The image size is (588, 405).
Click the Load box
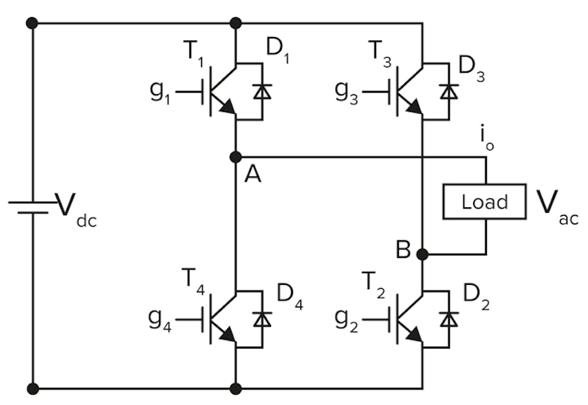[x=484, y=202]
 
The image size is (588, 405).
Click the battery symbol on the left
[x=32, y=207]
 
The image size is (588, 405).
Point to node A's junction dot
[x=235, y=157]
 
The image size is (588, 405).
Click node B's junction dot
[x=422, y=254]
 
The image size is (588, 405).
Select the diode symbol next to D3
[x=449, y=91]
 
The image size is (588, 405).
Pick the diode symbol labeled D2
[x=449, y=319]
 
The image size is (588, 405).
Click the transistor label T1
[x=195, y=54]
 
